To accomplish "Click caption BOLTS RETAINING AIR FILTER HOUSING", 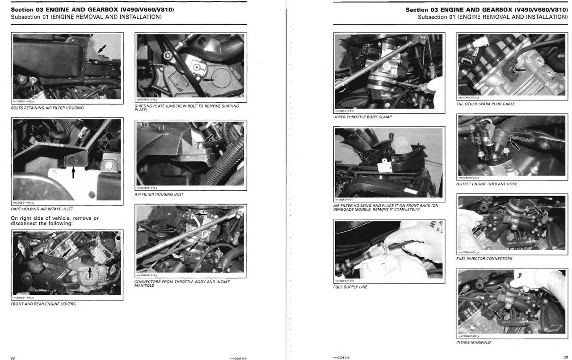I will tap(47, 108).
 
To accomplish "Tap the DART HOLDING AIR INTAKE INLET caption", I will tap(42, 209).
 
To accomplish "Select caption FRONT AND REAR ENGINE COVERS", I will tap(43, 304).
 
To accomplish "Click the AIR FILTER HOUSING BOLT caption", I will tap(159, 194).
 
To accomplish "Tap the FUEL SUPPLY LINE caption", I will tap(350, 287).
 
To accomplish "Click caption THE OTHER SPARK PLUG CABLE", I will tap(485, 104).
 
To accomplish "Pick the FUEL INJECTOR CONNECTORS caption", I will tap(484, 258).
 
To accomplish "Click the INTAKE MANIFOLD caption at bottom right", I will tap(473, 342).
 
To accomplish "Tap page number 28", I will tap(13, 357).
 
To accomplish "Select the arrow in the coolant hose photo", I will tap(515, 144).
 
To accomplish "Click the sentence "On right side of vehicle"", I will tap(55, 221).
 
